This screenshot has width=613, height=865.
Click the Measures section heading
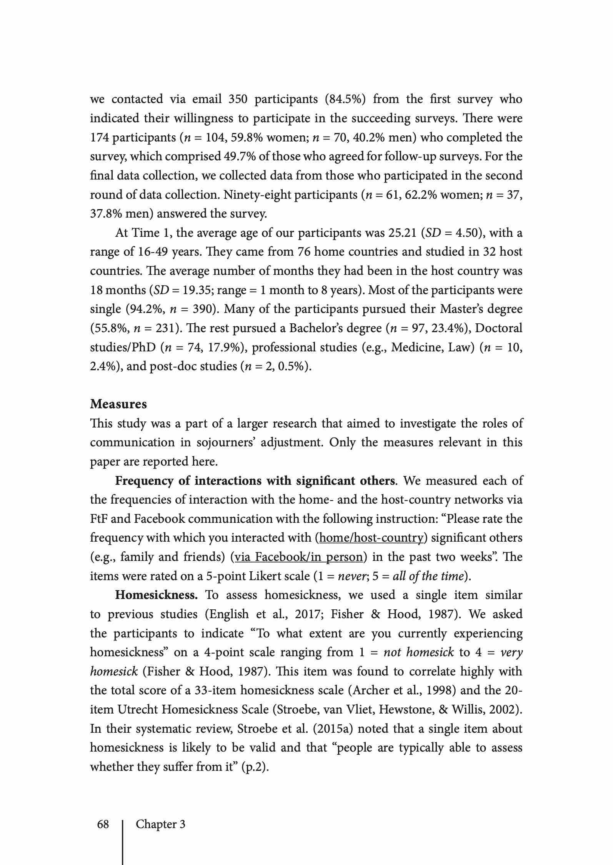click(x=118, y=404)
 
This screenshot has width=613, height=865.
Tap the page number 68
click(x=103, y=824)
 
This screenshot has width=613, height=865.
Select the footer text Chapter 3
click(x=160, y=824)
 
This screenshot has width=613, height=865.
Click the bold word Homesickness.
click(x=156, y=595)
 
